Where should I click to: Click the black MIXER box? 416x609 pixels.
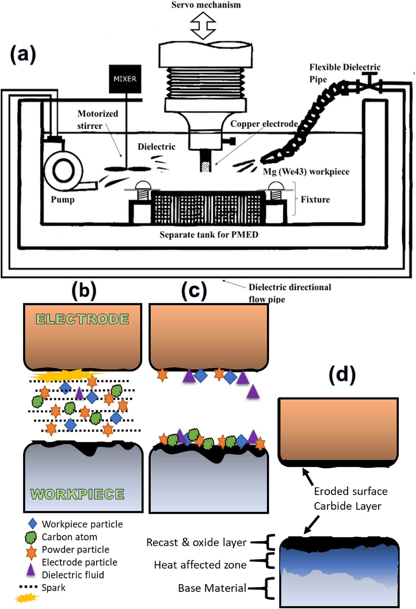tap(125, 79)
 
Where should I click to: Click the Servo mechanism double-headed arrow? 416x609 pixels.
tap(203, 26)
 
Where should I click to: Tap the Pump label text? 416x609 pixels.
tap(63, 200)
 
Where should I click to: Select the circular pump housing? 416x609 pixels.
tap(64, 170)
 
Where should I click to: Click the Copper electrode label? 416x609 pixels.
tap(264, 124)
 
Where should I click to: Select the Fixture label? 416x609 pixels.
tap(315, 200)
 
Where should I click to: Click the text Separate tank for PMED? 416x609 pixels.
tap(209, 235)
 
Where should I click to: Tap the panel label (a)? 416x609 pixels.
tap(23, 54)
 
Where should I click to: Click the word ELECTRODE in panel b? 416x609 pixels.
tap(82, 319)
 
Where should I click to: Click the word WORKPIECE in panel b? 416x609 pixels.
tap(77, 494)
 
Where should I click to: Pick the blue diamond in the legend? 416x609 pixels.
tap(33, 524)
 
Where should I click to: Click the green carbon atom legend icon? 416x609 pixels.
tap(31, 537)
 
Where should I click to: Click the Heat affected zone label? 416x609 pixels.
tap(200, 565)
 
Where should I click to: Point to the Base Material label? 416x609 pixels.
tap(212, 588)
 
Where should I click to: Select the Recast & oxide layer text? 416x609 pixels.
tap(196, 542)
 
